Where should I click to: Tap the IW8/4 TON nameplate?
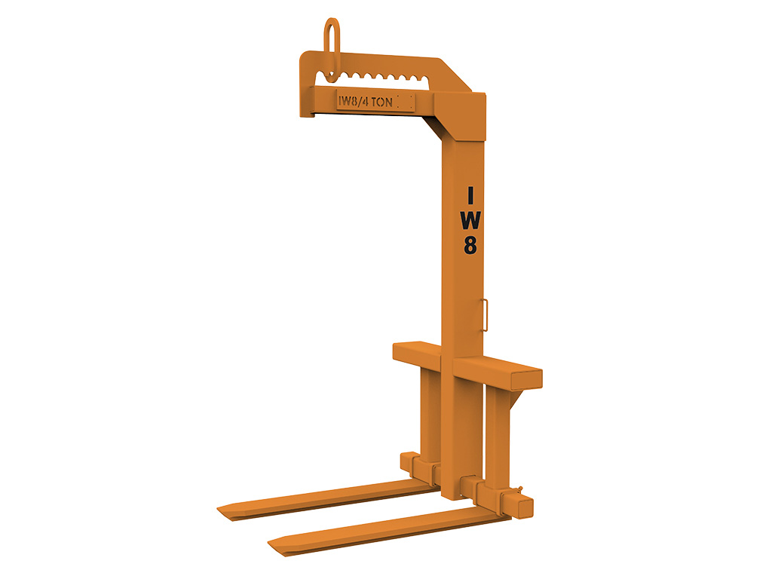point(375,102)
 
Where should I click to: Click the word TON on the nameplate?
point(381,102)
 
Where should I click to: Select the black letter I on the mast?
point(470,195)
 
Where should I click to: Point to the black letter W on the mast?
point(470,220)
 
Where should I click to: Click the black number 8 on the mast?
point(470,245)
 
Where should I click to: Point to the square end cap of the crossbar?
point(526,380)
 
